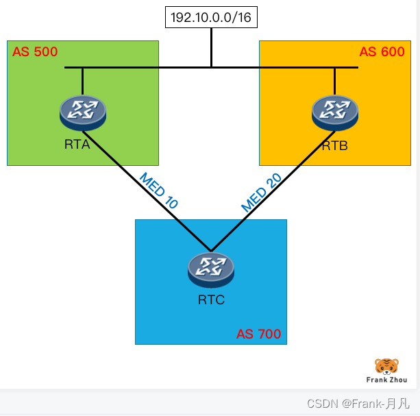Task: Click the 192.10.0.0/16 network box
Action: (x=211, y=17)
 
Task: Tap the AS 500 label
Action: (x=35, y=51)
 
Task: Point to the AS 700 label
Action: (x=258, y=334)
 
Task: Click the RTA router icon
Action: (x=82, y=112)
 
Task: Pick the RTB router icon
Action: (x=334, y=112)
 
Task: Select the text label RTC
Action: (x=211, y=299)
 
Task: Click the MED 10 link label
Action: (x=158, y=190)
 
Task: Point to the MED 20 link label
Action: (x=261, y=192)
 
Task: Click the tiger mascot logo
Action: (x=386, y=366)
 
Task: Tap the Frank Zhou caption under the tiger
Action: (x=386, y=380)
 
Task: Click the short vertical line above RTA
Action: (x=82, y=81)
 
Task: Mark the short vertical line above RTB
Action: (x=334, y=81)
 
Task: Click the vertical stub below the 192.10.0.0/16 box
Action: (x=211, y=47)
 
